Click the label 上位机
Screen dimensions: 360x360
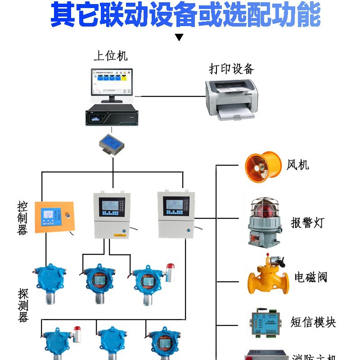pos(110,55)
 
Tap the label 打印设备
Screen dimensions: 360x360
pos(231,68)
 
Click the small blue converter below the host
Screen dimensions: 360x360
pos(112,144)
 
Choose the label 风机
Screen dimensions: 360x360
pos(298,165)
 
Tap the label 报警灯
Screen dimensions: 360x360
pos(307,222)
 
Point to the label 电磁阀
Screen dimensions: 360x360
pos(310,277)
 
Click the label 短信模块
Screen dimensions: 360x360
pos(313,322)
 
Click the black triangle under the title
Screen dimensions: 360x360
pos(179,37)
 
